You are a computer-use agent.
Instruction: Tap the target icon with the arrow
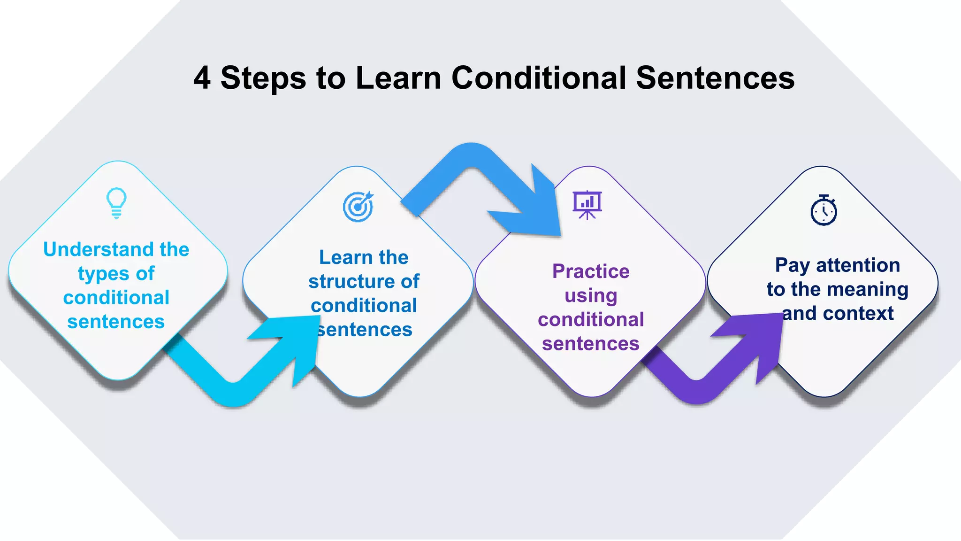[358, 207]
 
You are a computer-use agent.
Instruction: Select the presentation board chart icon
[587, 205]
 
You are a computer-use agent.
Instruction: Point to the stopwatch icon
[824, 210]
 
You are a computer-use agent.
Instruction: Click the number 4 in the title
[202, 78]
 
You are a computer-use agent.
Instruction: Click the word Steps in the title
[263, 78]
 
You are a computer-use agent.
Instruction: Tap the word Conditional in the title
[539, 78]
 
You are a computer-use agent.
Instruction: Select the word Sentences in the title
[715, 78]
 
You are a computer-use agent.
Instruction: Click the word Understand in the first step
[99, 249]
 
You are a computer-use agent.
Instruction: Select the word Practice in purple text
[591, 271]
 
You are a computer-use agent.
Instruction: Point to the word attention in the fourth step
[858, 265]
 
